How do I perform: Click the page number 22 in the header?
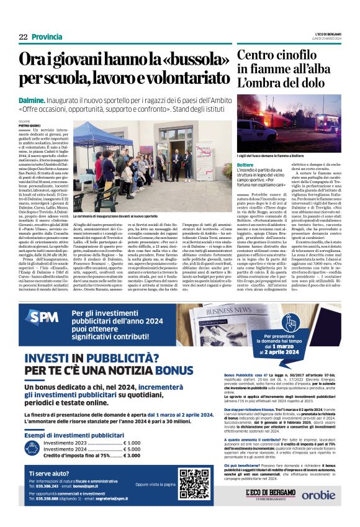coord(22,37)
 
